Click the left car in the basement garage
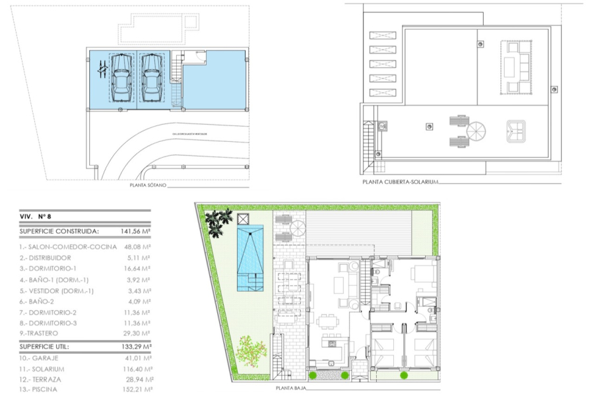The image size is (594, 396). [121, 77]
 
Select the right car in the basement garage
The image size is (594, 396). [152, 77]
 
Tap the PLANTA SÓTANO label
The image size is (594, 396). [148, 186]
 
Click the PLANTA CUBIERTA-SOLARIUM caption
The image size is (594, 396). [400, 182]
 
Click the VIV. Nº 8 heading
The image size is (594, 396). [36, 216]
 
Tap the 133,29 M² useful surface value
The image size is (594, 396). [137, 346]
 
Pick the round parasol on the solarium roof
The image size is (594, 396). [477, 131]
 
